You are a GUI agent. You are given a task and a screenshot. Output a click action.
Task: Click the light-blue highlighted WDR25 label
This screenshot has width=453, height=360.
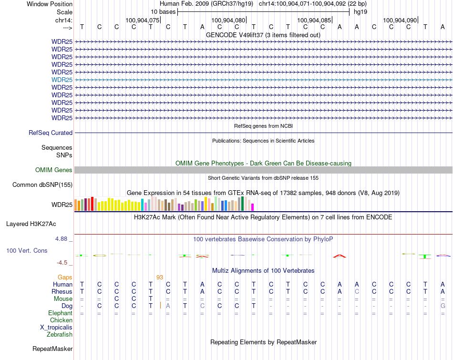click(62, 80)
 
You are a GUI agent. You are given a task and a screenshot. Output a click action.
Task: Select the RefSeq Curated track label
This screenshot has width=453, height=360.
click(51, 133)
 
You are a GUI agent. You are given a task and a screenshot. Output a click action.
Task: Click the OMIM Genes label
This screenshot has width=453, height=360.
click(54, 170)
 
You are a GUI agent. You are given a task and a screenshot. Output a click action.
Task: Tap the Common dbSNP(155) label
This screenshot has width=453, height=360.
click(42, 185)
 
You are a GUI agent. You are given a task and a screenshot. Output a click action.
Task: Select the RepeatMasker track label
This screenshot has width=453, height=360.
click(52, 349)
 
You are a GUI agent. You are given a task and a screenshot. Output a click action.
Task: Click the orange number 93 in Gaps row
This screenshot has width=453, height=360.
click(160, 277)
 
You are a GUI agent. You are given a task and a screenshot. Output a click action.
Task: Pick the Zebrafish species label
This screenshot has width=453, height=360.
click(60, 335)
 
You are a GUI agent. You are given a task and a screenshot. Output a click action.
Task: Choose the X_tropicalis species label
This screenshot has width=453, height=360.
click(56, 328)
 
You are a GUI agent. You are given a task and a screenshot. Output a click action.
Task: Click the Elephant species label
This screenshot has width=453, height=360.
click(60, 313)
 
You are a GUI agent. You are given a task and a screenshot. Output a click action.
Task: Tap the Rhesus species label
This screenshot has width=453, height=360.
click(62, 291)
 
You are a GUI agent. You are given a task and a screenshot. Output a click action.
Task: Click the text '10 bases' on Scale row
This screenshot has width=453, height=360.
click(163, 11)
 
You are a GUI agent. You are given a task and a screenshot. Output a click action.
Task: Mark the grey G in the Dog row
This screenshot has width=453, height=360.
click(443, 306)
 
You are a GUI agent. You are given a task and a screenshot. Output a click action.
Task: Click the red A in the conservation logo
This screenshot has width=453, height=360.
click(340, 256)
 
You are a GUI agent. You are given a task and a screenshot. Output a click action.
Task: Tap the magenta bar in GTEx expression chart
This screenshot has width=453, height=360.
click(253, 207)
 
